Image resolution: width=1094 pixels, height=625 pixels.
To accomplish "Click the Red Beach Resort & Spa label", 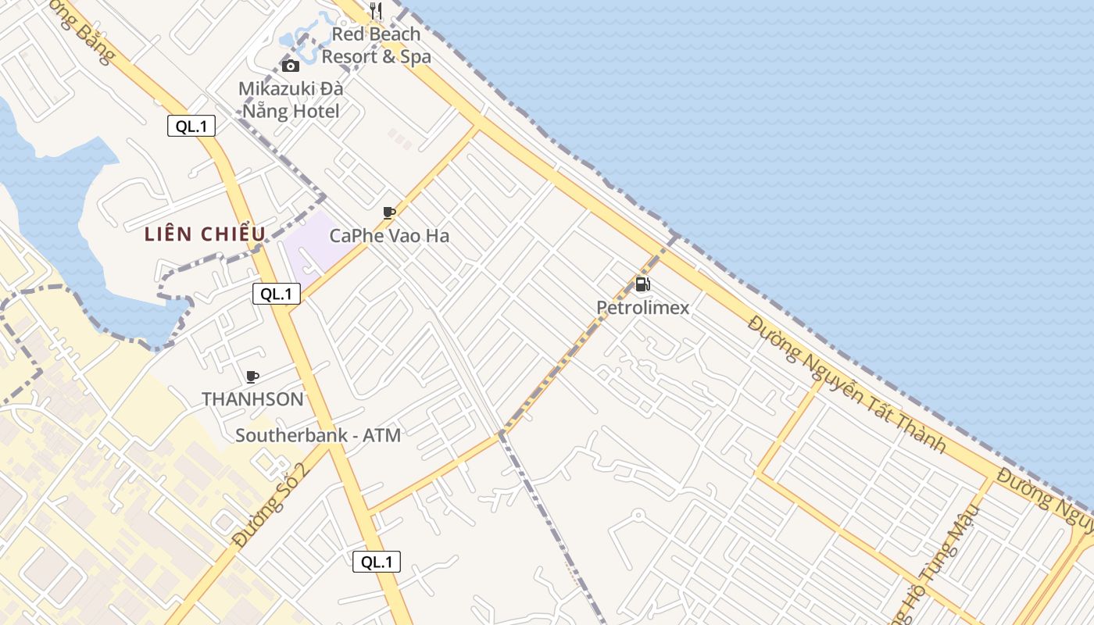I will click(x=376, y=45).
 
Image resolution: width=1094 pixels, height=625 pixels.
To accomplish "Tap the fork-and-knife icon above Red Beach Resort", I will click(x=376, y=11).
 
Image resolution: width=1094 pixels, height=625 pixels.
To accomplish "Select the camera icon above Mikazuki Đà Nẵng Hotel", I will click(x=290, y=66).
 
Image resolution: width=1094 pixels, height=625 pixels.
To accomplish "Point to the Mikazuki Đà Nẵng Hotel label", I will click(x=291, y=100).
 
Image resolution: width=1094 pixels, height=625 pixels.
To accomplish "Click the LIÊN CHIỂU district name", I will click(x=206, y=234).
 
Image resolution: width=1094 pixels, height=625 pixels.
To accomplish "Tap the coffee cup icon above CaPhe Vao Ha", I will click(x=388, y=212).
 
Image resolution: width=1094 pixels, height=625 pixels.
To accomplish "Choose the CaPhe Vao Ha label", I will click(x=389, y=235).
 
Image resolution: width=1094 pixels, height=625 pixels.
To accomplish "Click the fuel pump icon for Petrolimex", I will click(x=642, y=285).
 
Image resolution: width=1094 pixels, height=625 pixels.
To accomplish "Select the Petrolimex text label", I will click(x=643, y=308).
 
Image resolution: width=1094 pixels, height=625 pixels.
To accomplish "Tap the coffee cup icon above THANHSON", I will click(x=252, y=377).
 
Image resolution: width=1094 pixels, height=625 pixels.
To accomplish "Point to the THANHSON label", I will click(x=252, y=399).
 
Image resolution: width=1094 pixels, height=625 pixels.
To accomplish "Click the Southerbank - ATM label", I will click(x=318, y=435).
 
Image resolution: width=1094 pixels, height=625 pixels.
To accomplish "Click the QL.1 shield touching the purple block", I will click(x=277, y=294).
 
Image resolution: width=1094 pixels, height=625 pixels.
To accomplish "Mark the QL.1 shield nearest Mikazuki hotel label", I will click(x=191, y=126).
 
